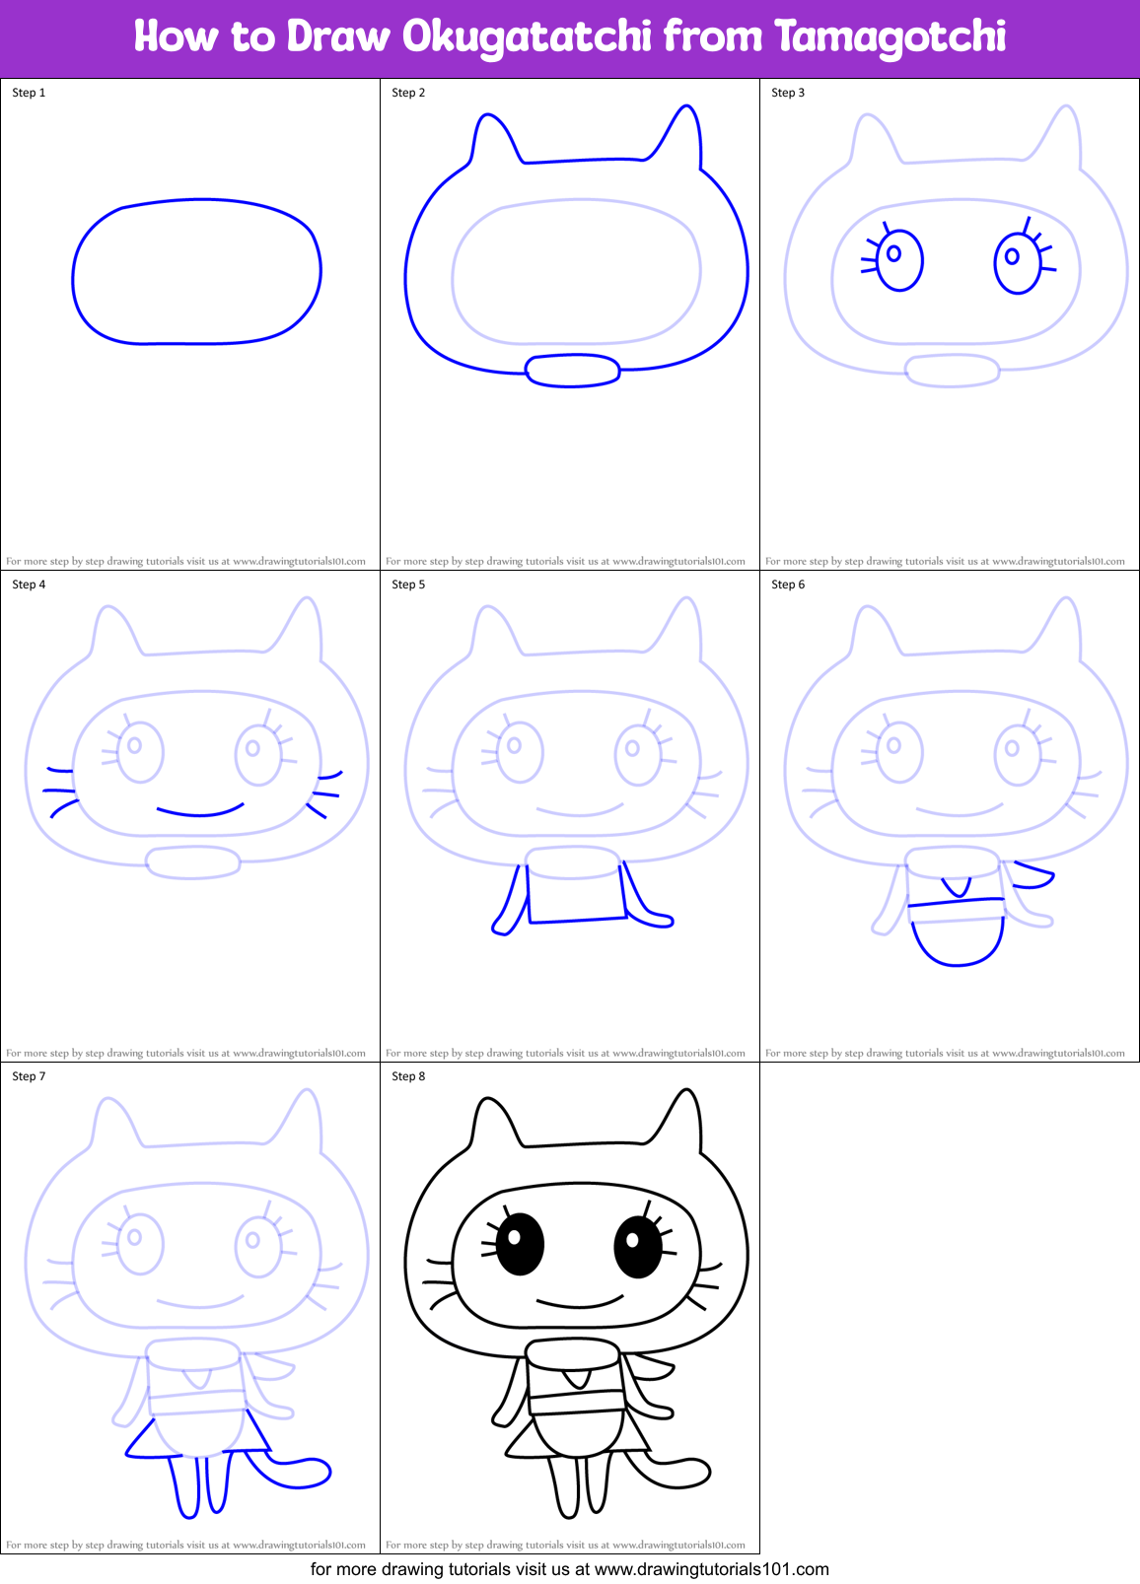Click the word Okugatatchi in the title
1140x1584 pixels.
(x=527, y=37)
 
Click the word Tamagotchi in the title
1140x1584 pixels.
(x=891, y=37)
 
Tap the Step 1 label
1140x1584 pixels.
(x=29, y=93)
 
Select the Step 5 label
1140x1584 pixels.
(x=408, y=585)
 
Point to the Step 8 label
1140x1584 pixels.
(x=408, y=1076)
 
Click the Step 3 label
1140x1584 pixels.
(x=788, y=93)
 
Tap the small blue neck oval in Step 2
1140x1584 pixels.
(x=572, y=370)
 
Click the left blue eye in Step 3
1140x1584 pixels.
(x=898, y=260)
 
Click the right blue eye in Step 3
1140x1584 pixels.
(x=1017, y=263)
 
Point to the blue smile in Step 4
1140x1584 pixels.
(x=200, y=813)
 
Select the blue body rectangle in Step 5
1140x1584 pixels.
(x=576, y=893)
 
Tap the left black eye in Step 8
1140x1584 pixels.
(x=520, y=1244)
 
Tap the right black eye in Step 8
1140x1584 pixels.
(x=637, y=1247)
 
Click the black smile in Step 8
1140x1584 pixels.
(x=580, y=1303)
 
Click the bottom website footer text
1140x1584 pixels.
(x=569, y=1569)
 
